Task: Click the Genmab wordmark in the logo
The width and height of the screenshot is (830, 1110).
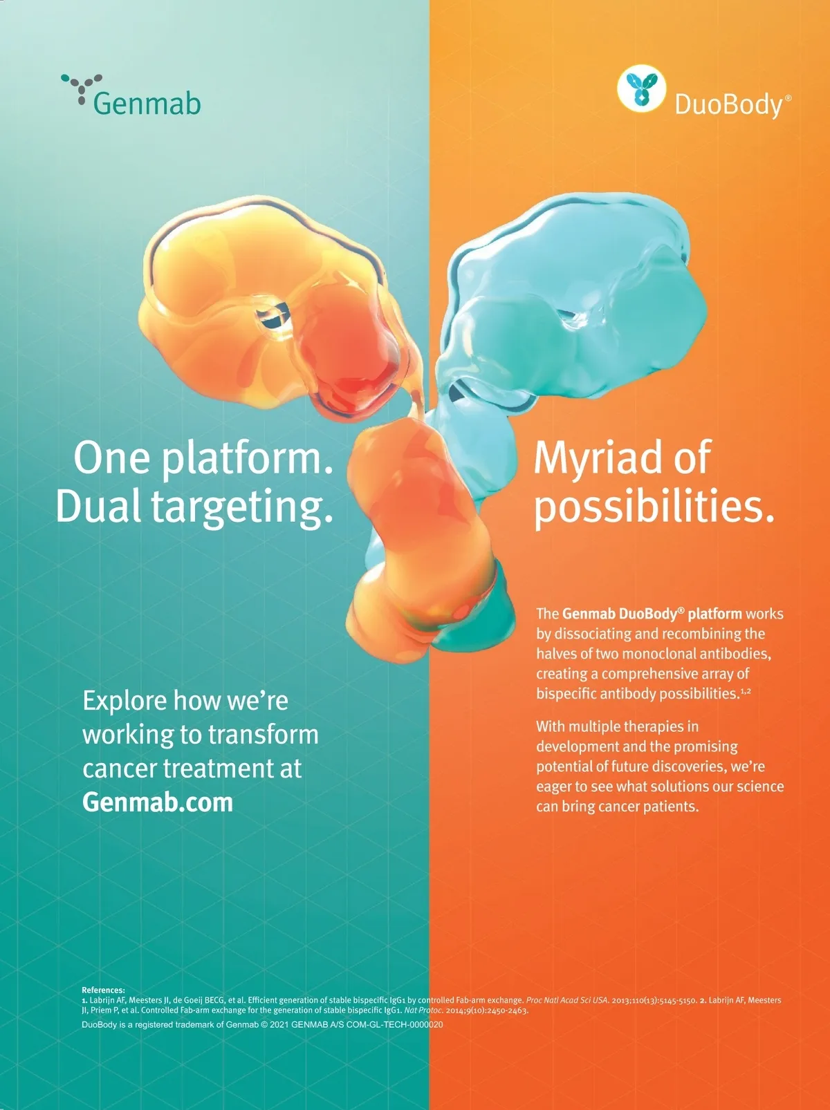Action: [x=147, y=104]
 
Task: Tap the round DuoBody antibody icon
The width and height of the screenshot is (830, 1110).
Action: [x=641, y=88]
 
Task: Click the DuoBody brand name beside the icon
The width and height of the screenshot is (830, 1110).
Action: [x=733, y=106]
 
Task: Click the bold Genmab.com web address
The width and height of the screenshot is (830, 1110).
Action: [x=158, y=802]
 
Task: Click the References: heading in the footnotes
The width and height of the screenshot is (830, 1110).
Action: [x=103, y=990]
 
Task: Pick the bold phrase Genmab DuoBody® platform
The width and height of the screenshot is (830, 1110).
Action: [x=652, y=614]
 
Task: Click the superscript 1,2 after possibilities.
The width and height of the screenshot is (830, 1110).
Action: [x=746, y=690]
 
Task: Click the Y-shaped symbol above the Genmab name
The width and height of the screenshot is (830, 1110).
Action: [x=82, y=88]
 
